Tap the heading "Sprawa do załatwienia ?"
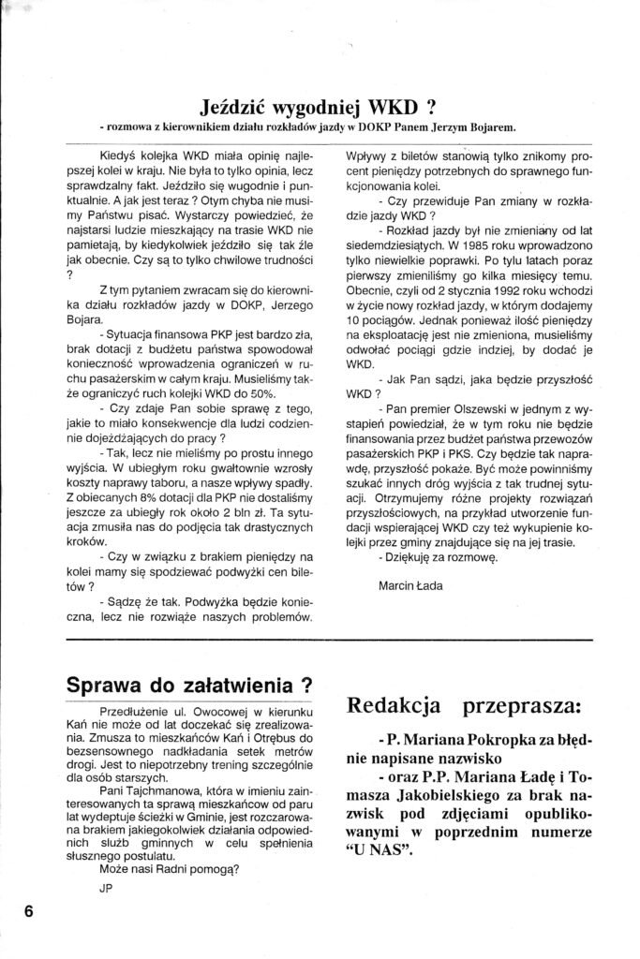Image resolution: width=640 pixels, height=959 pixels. [x=189, y=685]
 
